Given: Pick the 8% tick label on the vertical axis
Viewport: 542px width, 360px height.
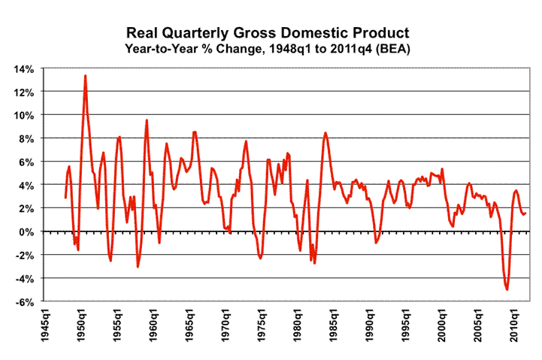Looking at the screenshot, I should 26,138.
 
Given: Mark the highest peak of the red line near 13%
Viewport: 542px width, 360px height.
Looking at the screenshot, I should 86,75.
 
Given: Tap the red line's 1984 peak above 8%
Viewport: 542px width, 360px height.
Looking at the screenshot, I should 326,133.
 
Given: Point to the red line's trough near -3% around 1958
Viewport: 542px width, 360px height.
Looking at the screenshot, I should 138,266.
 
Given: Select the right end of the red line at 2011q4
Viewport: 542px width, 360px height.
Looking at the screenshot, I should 525,213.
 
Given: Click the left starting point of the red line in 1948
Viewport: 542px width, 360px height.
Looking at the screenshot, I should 65,198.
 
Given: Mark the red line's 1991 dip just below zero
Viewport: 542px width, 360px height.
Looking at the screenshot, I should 376,243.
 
